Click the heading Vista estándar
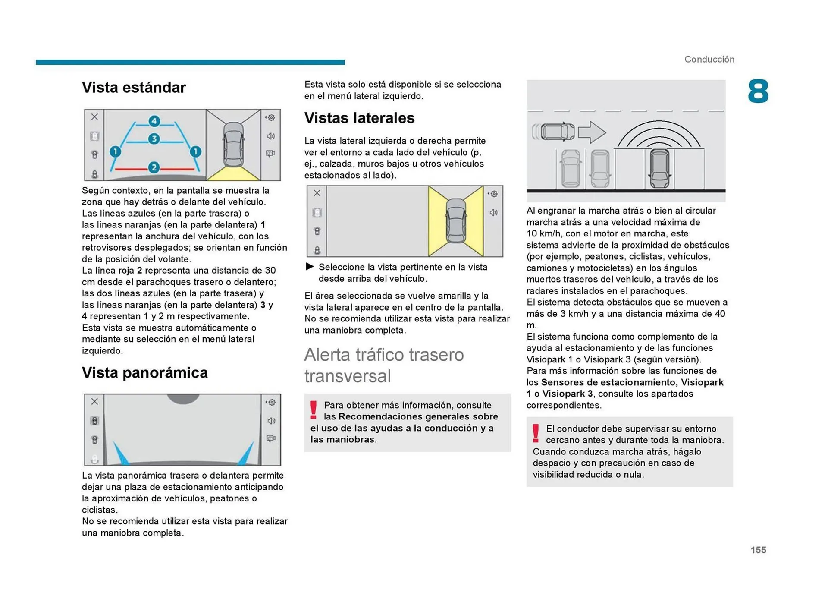coord(134,88)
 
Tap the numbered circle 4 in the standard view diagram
coord(154,121)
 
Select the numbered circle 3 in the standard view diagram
coord(154,139)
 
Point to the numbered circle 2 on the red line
coord(154,167)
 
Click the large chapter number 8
coord(758,91)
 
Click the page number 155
coord(758,550)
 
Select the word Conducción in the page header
coord(709,60)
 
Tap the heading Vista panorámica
coord(144,373)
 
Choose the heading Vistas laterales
coord(359,118)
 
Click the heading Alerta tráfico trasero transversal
coord(384,365)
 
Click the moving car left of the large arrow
coord(557,132)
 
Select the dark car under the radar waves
coord(659,168)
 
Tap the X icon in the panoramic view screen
coord(94,401)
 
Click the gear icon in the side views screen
coord(494,194)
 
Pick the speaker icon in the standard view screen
coord(271,136)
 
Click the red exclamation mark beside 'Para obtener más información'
coord(314,410)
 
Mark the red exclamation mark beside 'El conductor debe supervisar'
coord(536,433)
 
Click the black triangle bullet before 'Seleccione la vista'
coord(310,267)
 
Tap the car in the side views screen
coord(456,221)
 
